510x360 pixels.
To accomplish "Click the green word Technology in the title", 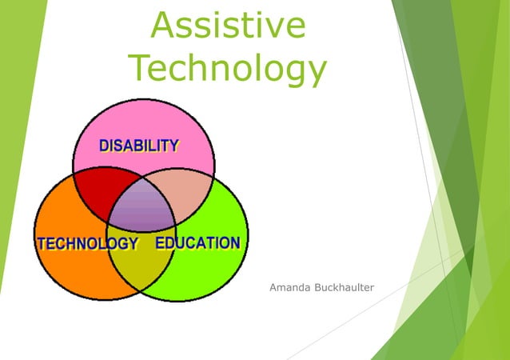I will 228,68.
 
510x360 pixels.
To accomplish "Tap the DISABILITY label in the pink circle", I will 138,146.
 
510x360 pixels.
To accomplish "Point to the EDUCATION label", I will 197,242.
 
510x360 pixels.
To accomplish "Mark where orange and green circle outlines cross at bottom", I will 143,292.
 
